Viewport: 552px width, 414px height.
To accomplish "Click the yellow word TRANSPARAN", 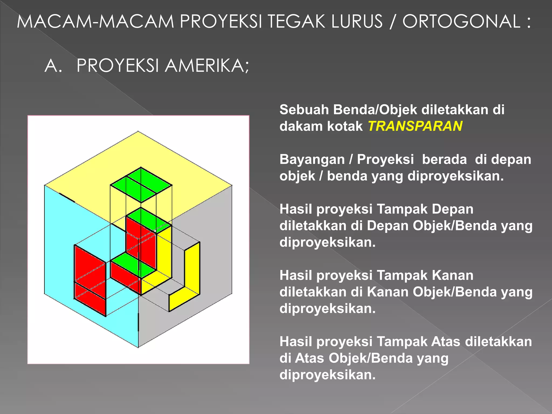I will (x=415, y=126).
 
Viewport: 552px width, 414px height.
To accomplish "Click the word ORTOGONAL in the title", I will (x=461, y=22).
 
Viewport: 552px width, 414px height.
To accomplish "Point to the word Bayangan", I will (x=312, y=159).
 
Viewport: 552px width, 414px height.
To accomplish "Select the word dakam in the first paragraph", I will (x=296, y=126).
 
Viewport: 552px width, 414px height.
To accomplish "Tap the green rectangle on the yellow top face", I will (x=141, y=185).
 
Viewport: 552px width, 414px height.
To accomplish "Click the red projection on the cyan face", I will (x=90, y=280).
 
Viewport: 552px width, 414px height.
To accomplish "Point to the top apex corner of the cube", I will (x=138, y=132).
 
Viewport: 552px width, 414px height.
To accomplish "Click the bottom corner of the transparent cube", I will (x=138, y=347).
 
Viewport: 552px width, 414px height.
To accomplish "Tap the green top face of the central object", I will (x=148, y=220).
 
